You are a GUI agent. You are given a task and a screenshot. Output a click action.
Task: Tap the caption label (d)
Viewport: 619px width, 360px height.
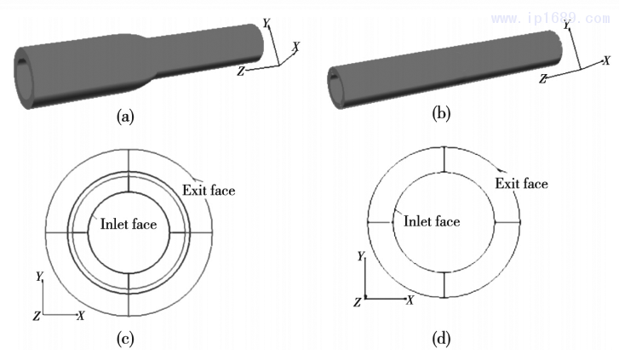click(x=441, y=340)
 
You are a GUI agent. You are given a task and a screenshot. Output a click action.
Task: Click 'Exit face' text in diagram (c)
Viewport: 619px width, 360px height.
click(x=209, y=190)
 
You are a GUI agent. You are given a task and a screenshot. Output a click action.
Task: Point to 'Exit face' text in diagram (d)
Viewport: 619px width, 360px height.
click(x=522, y=183)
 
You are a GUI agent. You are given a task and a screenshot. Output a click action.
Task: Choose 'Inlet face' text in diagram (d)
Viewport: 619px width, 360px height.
click(x=432, y=221)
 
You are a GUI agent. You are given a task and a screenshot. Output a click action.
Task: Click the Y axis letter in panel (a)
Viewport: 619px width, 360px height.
click(x=267, y=23)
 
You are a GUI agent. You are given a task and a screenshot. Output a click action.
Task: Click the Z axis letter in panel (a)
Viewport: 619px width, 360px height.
click(x=241, y=72)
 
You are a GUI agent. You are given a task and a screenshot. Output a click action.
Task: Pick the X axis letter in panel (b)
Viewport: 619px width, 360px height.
click(x=606, y=60)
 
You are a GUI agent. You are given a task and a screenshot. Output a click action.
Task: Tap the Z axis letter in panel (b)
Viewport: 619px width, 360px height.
click(x=543, y=78)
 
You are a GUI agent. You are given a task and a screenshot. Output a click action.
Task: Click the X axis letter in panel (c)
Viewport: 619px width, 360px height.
click(x=80, y=316)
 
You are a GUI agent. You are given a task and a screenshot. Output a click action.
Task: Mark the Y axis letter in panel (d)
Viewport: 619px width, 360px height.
click(x=361, y=256)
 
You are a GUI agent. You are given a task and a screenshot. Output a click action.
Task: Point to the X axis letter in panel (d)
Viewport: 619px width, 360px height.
click(x=410, y=300)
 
